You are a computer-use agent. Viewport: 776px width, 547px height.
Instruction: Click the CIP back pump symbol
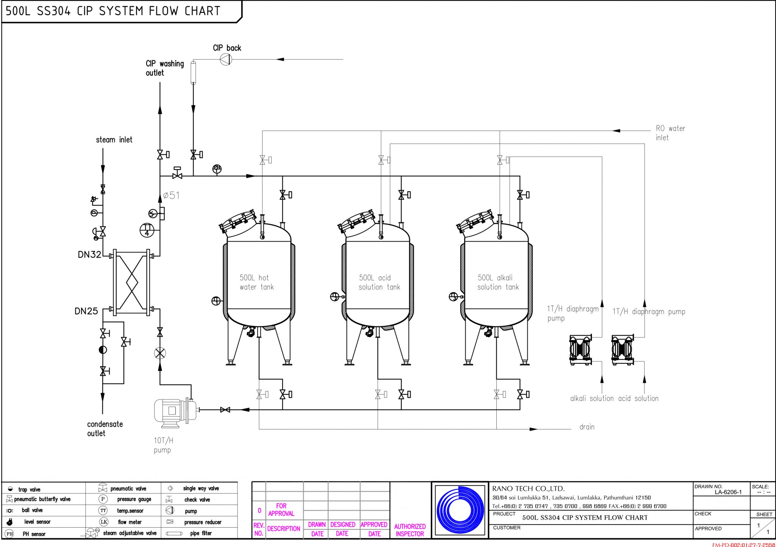[x=226, y=60]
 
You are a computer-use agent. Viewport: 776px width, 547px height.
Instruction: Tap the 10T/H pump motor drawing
[x=175, y=410]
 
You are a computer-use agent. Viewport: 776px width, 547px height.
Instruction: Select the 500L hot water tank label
[x=257, y=282]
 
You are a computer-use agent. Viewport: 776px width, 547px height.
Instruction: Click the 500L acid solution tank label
[x=379, y=282]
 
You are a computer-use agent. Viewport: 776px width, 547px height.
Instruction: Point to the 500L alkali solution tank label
[x=498, y=282]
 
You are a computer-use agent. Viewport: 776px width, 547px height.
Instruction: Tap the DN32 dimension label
[x=89, y=255]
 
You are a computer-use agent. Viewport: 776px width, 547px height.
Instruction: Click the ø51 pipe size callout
[x=171, y=195]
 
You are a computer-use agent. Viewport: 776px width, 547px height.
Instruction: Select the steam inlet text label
[x=114, y=140]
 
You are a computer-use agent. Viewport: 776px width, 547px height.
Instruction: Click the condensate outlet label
[x=105, y=429]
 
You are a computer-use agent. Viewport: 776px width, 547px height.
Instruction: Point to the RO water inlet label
[x=670, y=133]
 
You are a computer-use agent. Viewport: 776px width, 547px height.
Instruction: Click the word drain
[x=587, y=427]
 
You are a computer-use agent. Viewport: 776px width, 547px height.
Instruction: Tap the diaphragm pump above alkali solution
[x=580, y=350]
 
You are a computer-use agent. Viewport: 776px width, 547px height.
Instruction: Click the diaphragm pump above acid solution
[x=622, y=350]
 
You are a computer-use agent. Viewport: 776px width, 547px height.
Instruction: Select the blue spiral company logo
[x=460, y=510]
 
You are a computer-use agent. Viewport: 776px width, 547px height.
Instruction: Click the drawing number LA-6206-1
[x=728, y=492]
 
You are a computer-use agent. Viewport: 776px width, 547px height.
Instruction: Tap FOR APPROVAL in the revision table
[x=281, y=509]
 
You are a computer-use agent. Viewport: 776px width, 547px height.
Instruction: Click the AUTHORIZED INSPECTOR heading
[x=410, y=530]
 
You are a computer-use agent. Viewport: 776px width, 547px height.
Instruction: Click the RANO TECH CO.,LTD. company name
[x=528, y=489]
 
